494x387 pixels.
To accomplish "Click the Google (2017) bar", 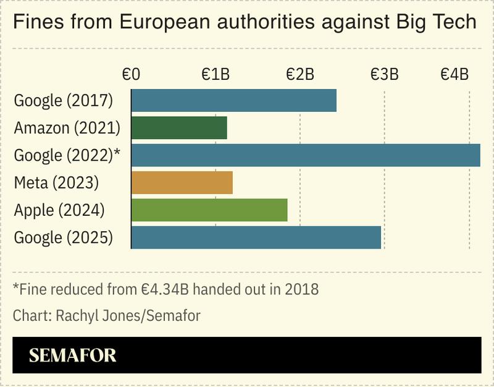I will point(234,100).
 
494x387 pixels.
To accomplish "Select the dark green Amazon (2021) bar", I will point(179,128).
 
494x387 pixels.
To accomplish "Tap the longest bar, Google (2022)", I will point(306,155).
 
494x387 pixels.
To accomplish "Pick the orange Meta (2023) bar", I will point(182,182).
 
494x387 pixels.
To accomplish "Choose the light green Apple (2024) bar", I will point(209,210).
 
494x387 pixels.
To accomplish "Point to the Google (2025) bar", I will point(256,237).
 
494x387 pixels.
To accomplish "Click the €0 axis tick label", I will point(131,75).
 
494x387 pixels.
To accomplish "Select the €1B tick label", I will point(216,75).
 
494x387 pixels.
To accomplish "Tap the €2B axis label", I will point(299,75).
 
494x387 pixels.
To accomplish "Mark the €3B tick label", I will point(384,75).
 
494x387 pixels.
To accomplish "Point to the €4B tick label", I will point(454,75).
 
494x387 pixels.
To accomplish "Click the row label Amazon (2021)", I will point(67,128).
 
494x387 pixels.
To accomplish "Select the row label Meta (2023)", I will point(56,183).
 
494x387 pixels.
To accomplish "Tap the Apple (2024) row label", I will point(59,210).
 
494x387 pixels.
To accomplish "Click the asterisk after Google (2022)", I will point(117,153).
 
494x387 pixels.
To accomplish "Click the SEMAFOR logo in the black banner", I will point(72,355).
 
